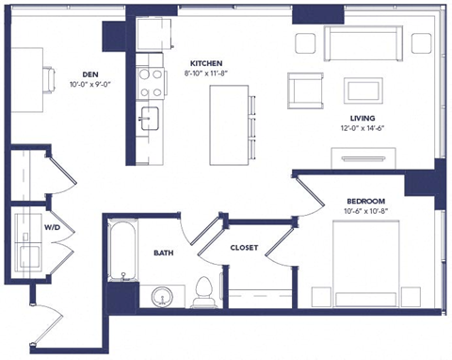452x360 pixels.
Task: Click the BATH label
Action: (163, 253)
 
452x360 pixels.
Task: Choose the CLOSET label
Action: (245, 248)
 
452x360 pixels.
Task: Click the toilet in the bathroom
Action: (202, 293)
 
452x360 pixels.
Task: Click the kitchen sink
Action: (150, 118)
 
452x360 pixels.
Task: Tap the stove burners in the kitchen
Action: (149, 81)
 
